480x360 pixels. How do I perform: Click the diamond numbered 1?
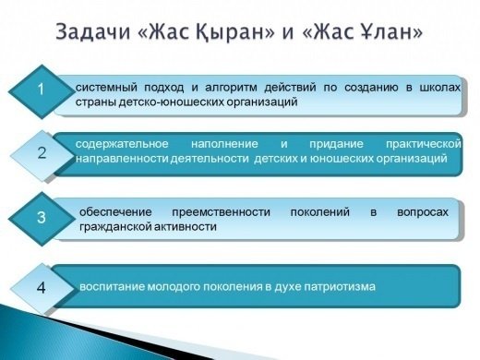[x=40, y=90]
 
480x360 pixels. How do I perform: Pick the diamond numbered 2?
[x=42, y=153]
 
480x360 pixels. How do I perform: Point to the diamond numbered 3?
[x=41, y=219]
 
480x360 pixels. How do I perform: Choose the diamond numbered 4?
[x=41, y=287]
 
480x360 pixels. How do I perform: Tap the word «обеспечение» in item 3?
[x=115, y=211]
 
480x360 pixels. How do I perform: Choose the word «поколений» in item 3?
[x=318, y=211]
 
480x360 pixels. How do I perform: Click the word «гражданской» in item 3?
[x=114, y=227]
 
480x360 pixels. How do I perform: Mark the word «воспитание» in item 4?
[x=113, y=287]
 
